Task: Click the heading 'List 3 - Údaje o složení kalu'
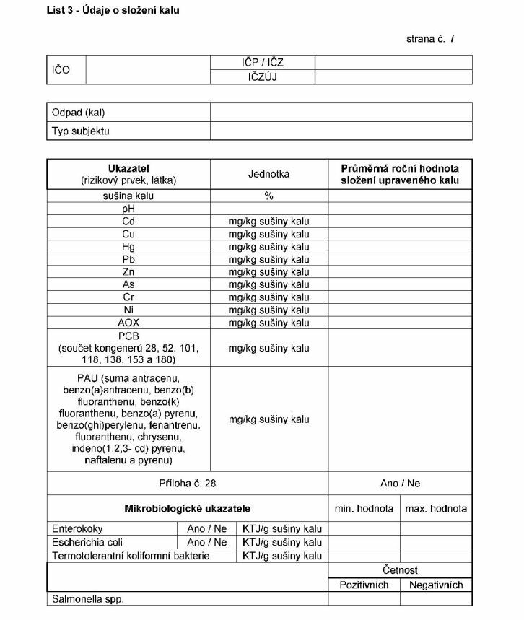[113, 10]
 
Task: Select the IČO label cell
[61, 70]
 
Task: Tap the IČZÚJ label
[263, 77]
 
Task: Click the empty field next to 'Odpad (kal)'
[341, 113]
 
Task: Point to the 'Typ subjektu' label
[81, 131]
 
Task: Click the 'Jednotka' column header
[268, 174]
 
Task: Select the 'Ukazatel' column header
[128, 168]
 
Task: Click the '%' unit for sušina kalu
[268, 196]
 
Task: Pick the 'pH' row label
[128, 209]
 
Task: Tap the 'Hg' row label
[128, 247]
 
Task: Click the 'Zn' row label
[128, 272]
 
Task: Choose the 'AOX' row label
[128, 323]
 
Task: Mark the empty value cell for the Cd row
[400, 222]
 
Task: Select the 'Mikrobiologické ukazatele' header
[188, 508]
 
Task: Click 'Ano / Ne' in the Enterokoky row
[206, 528]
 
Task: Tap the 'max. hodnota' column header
[436, 508]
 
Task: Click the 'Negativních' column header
[436, 585]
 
